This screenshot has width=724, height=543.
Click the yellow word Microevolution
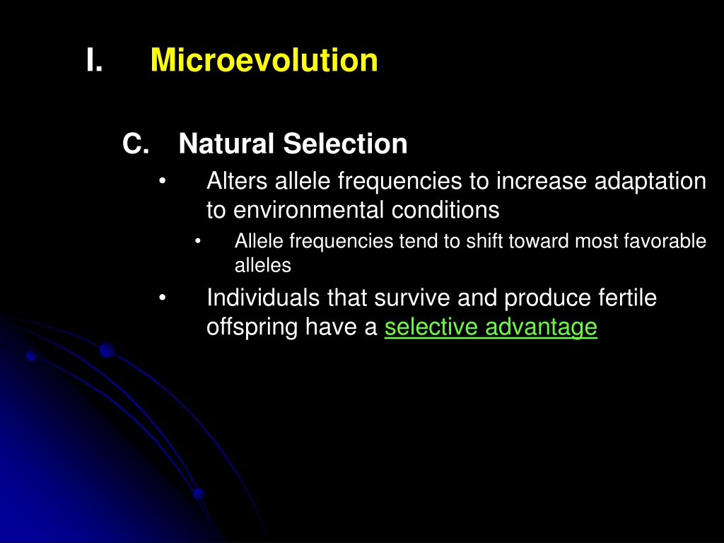click(x=264, y=60)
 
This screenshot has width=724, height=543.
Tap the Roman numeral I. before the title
click(x=94, y=61)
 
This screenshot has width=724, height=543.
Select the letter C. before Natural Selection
click(x=136, y=144)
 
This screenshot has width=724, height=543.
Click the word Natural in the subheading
click(x=226, y=144)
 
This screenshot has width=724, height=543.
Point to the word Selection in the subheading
click(x=345, y=144)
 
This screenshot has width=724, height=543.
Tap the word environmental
click(x=308, y=210)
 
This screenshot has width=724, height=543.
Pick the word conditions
click(x=445, y=210)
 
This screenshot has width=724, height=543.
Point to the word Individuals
click(x=263, y=298)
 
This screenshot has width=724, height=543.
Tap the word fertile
click(x=628, y=298)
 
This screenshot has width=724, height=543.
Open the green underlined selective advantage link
click(x=491, y=327)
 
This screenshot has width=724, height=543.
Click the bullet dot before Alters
click(x=162, y=181)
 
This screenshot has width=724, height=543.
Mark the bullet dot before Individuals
click(x=162, y=298)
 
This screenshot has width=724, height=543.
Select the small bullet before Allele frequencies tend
click(x=198, y=241)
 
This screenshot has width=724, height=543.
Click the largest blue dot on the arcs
click(x=107, y=350)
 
